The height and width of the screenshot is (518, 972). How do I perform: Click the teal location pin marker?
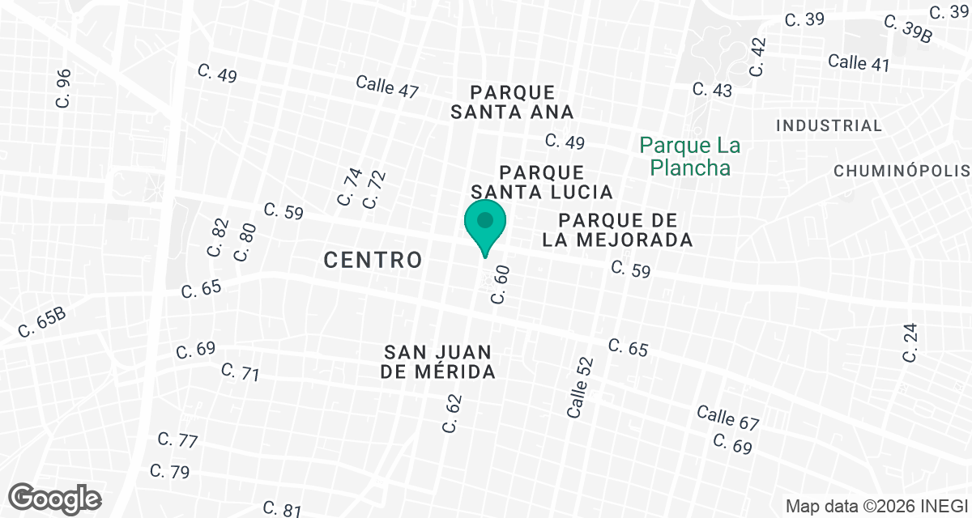coord(485,227)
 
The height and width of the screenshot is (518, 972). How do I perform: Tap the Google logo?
coord(56,498)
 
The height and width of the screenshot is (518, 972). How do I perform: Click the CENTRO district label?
coord(373,260)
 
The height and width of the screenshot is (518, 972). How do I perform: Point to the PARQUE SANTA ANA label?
coord(512,102)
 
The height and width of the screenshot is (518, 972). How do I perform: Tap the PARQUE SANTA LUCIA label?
coord(542,182)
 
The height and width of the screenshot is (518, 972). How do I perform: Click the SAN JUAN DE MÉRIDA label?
coord(439,362)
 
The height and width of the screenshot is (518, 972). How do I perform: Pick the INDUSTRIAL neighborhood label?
coord(829,125)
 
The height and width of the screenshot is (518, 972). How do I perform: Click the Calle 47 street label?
coord(387,86)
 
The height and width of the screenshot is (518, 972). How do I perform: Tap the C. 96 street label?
coord(64,88)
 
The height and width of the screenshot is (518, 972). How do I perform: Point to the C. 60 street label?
coord(501,284)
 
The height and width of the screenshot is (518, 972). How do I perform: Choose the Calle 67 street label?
coord(727,418)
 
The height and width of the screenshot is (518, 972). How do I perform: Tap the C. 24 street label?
coord(912,342)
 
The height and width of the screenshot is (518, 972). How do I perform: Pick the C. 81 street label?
coord(282,508)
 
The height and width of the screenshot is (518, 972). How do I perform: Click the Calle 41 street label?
coord(859,62)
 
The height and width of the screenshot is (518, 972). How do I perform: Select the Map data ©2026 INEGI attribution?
coord(874,507)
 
